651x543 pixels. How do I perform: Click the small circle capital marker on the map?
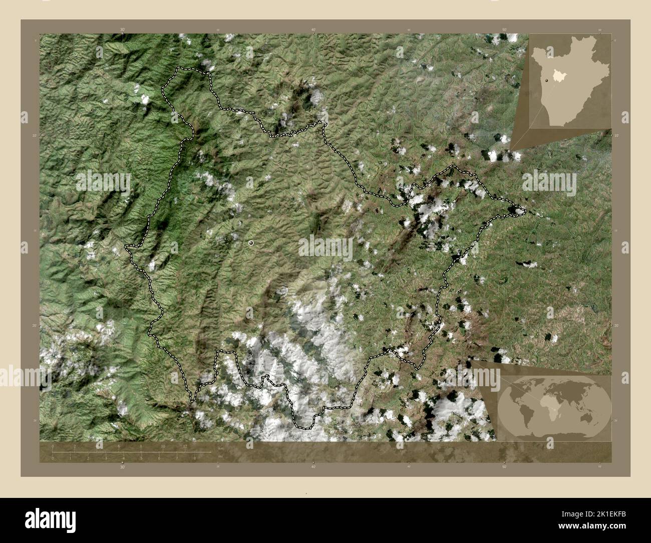pyautogui.click(x=251, y=243)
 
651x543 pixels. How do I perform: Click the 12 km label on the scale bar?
pyautogui.click(x=185, y=446)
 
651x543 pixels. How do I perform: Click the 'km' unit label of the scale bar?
pyautogui.click(x=220, y=447)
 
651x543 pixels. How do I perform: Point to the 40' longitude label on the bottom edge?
pyautogui.click(x=313, y=467)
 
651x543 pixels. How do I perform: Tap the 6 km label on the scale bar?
pyautogui.click(x=119, y=446)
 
